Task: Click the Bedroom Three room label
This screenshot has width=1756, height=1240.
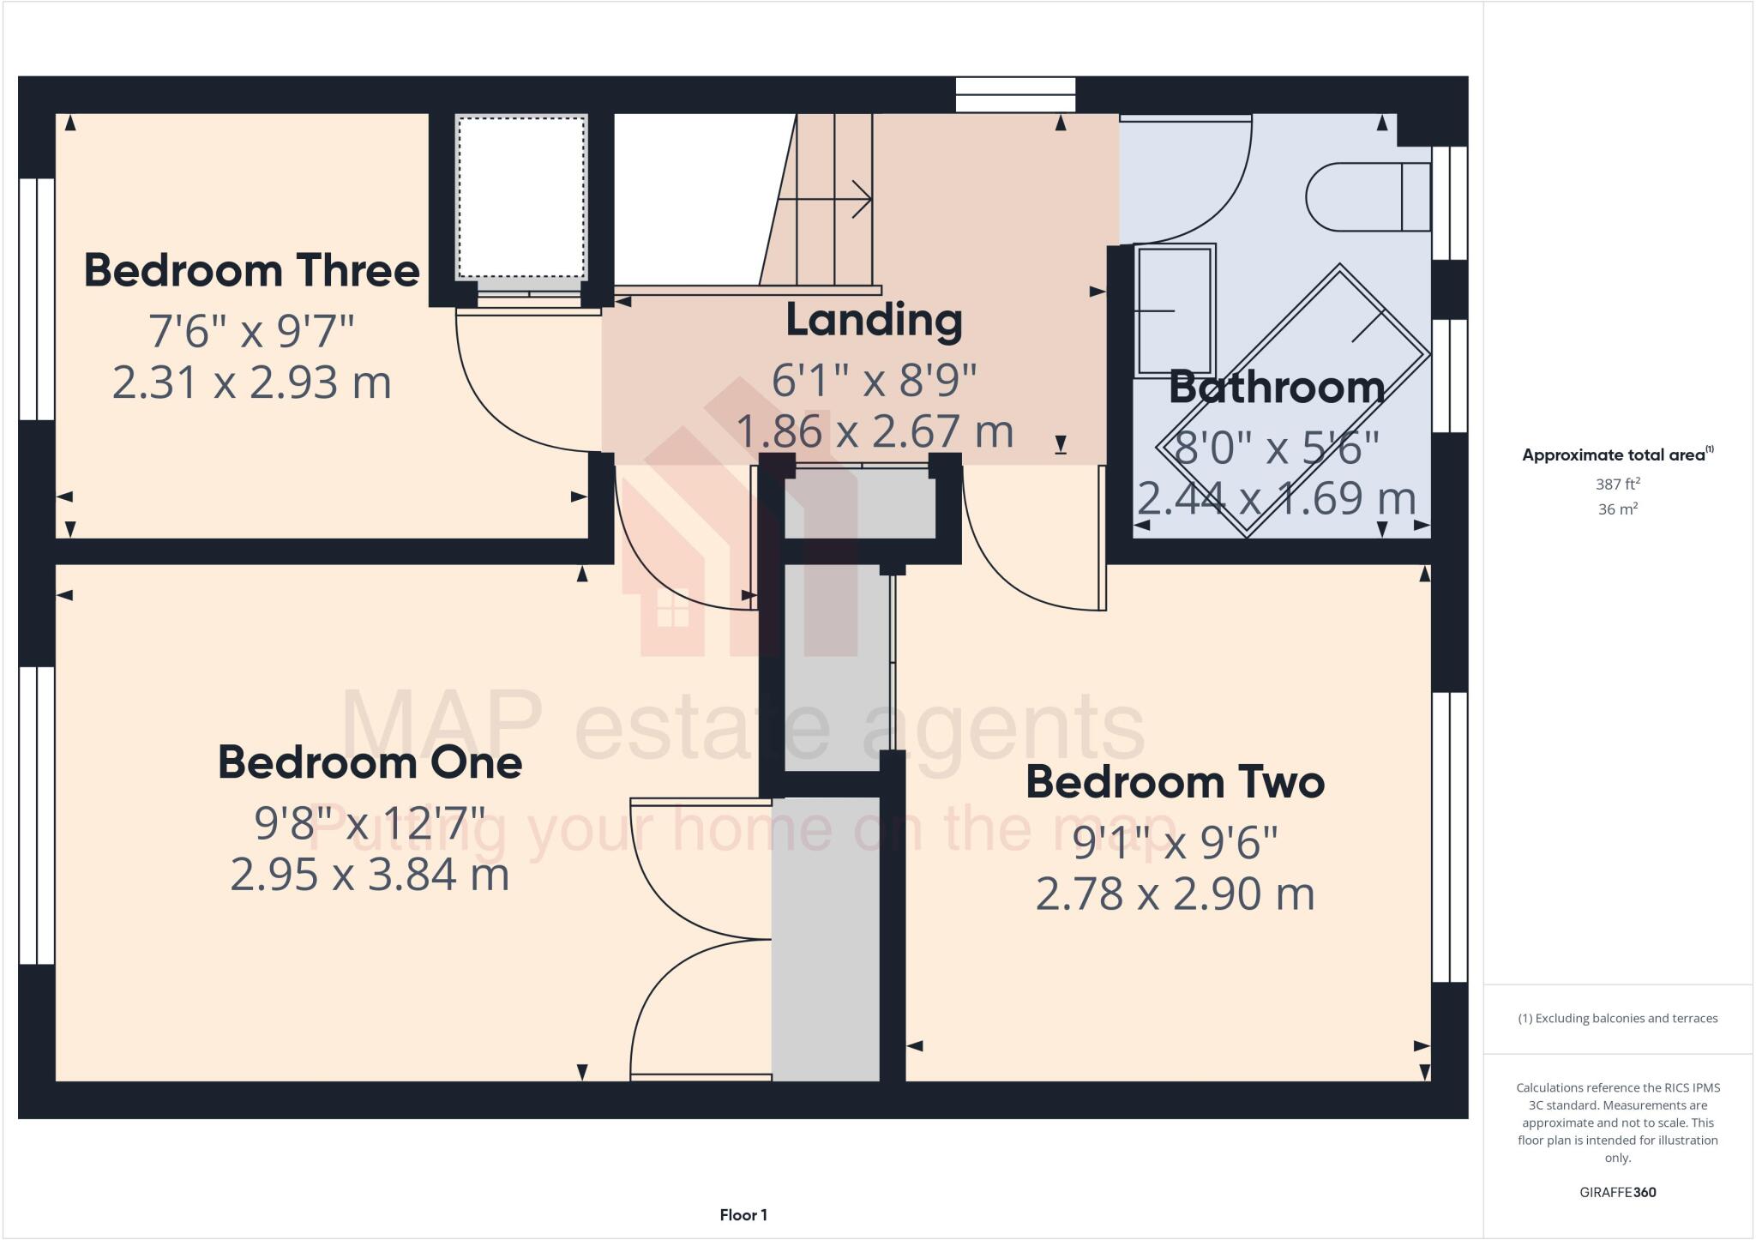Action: click(x=251, y=270)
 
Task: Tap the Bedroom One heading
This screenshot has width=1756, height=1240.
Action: click(x=370, y=762)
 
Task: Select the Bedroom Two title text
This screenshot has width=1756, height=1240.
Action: click(x=1175, y=782)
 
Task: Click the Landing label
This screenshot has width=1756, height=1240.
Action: click(x=874, y=320)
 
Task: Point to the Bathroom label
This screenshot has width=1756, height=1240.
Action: click(x=1276, y=387)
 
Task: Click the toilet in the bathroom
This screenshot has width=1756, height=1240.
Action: click(x=1367, y=197)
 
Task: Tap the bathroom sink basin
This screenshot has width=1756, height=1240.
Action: click(x=1174, y=310)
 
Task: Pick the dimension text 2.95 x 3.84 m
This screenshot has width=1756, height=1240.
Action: click(x=370, y=875)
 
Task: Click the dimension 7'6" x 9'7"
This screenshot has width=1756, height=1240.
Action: click(x=251, y=331)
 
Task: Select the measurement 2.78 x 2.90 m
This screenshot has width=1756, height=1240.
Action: click(x=1175, y=894)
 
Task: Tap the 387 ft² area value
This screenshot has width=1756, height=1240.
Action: click(x=1617, y=484)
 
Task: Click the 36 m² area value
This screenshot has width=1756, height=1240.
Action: click(x=1617, y=509)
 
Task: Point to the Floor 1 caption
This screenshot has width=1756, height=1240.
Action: click(x=743, y=1215)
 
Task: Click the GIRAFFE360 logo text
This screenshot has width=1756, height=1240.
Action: click(x=1617, y=1192)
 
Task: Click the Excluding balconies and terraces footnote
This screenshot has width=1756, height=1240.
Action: click(x=1617, y=1019)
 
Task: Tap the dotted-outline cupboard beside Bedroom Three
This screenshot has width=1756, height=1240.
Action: click(x=520, y=197)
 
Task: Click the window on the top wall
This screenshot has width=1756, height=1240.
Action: click(x=1015, y=94)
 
